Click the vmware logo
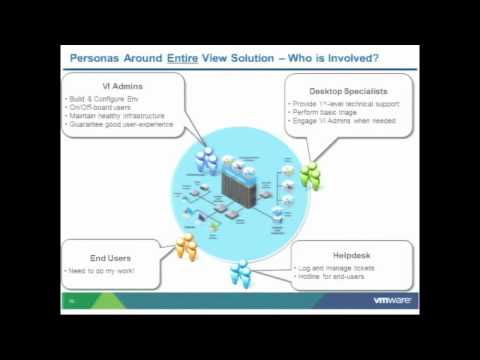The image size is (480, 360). pos(394,300)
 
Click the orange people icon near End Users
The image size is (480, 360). pos(186,247)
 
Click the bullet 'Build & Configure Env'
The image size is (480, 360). pos(101,99)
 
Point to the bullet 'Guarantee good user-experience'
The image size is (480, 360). pos(120,124)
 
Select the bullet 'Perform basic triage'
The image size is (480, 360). pos(326,111)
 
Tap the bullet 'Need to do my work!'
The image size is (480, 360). pos(101,271)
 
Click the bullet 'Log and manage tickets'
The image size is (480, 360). pos(336,268)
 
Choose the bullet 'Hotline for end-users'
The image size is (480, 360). pos(334,276)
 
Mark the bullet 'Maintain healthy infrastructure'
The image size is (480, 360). pos(115,116)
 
